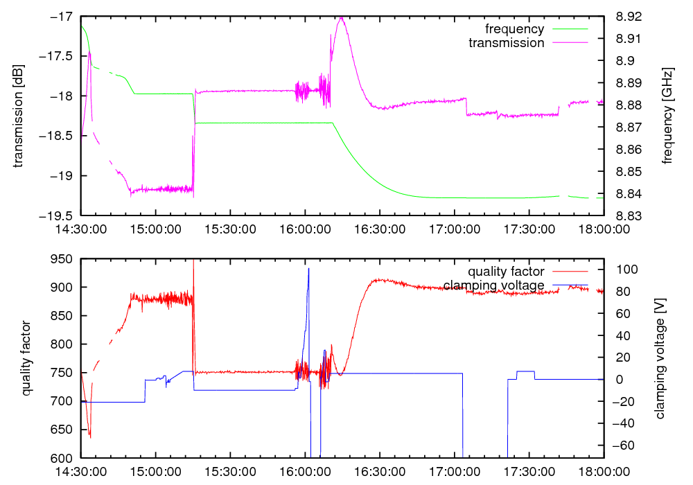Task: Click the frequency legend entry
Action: pos(515,29)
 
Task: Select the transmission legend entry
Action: pos(507,43)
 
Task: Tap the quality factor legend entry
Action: pos(506,272)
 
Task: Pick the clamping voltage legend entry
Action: pos(494,285)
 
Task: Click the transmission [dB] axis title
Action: pos(19,116)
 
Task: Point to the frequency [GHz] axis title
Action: pos(667,116)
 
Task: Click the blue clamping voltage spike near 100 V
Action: pos(308,270)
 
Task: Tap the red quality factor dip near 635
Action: pos(90,436)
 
